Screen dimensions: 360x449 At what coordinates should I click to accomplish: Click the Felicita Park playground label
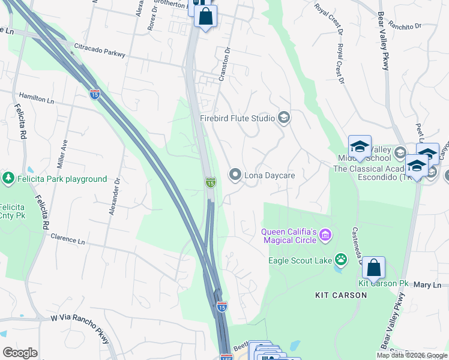pyautogui.click(x=61, y=179)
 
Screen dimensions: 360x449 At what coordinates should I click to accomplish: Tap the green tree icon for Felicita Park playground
pyautogui.click(x=8, y=178)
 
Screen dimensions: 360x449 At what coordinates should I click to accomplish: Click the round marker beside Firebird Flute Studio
pyautogui.click(x=284, y=118)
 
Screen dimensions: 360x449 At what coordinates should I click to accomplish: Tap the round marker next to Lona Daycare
pyautogui.click(x=235, y=175)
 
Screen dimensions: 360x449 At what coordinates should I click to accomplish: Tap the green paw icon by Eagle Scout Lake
pyautogui.click(x=341, y=260)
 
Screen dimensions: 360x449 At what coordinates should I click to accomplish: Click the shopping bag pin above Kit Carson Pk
pyautogui.click(x=373, y=268)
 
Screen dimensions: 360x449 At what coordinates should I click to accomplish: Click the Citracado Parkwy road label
pyautogui.click(x=99, y=50)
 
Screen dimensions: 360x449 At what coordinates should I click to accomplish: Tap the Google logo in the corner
pyautogui.click(x=20, y=353)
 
